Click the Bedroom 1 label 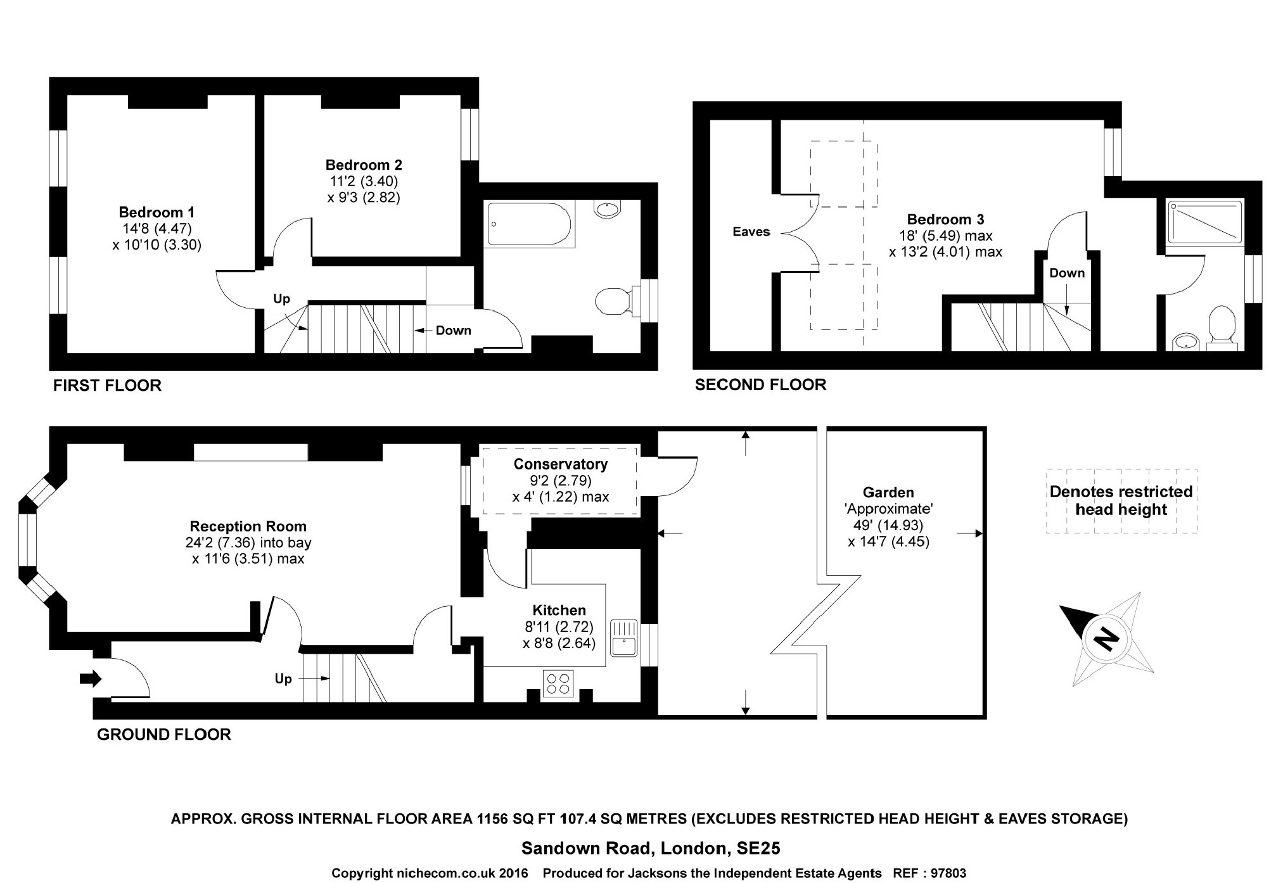[156, 212]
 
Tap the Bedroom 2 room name [364, 165]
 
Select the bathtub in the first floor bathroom [529, 224]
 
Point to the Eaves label [751, 232]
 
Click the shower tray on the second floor [1204, 222]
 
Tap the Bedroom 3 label [945, 220]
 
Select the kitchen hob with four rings [558, 683]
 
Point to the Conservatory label [560, 464]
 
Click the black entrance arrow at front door [90, 679]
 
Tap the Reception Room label [248, 526]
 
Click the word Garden [888, 492]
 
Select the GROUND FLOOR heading [163, 735]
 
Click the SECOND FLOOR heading [760, 384]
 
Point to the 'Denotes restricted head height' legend [1121, 500]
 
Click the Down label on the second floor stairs [1067, 273]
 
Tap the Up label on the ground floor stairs [283, 679]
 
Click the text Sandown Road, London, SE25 [651, 848]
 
